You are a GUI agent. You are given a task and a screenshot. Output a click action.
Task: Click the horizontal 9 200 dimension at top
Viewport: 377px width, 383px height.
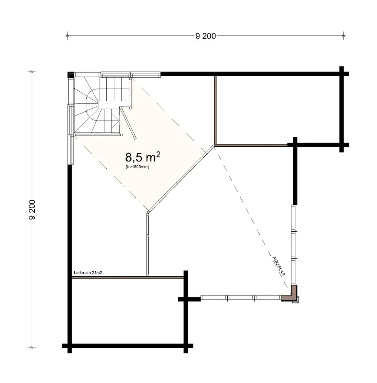[x=205, y=36]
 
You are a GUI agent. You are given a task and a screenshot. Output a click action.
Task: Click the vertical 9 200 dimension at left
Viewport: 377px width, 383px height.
[x=32, y=209]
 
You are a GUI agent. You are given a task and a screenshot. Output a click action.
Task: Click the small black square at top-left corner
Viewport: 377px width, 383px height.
[x=70, y=74]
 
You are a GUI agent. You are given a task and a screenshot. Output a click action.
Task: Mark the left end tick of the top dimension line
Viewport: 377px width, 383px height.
[x=67, y=36]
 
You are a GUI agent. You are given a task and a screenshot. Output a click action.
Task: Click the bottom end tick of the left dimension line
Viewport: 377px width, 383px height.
[x=32, y=348]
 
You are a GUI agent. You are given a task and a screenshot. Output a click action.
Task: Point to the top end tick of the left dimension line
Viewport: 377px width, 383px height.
[x=32, y=71]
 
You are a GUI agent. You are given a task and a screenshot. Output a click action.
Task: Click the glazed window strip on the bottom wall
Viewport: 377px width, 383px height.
[x=241, y=297]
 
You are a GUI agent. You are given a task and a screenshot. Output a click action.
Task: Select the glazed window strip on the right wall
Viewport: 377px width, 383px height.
[x=293, y=245]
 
